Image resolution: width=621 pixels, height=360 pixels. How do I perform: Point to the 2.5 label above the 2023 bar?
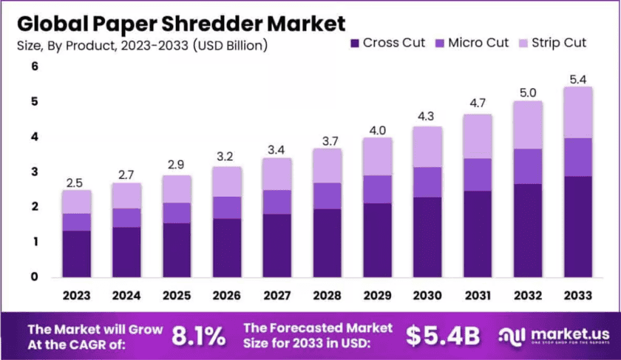(76, 181)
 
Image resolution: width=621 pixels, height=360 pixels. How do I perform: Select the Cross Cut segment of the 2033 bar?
(578, 226)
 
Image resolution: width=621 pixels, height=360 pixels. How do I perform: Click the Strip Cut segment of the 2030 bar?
(427, 146)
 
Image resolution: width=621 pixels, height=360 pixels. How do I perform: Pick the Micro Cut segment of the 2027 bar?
(276, 202)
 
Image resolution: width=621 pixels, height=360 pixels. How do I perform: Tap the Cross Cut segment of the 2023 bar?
(76, 254)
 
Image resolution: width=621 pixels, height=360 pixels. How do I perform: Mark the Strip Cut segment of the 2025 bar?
(176, 189)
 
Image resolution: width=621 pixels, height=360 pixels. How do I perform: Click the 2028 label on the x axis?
(327, 296)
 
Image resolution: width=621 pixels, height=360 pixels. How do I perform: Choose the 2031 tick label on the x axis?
(478, 296)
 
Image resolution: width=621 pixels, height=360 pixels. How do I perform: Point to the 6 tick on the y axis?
(34, 67)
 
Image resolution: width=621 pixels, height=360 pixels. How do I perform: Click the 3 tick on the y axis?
(34, 172)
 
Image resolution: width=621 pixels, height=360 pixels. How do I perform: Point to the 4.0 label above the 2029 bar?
(377, 130)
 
